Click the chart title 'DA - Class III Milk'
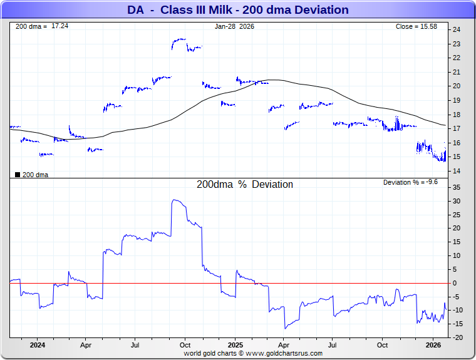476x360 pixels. click(x=237, y=10)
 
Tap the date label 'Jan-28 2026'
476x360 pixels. click(x=235, y=27)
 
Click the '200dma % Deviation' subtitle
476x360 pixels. click(x=245, y=185)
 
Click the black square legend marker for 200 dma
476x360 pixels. click(x=17, y=175)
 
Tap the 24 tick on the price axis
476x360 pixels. click(x=457, y=29)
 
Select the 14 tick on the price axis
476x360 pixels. click(x=457, y=172)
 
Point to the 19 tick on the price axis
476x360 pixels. click(x=457, y=100)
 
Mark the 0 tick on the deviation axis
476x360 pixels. click(x=455, y=283)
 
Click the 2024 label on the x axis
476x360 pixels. click(x=37, y=345)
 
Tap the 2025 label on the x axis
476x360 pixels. click(x=235, y=345)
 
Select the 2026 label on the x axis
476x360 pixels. click(x=433, y=345)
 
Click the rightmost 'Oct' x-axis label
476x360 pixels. click(x=382, y=345)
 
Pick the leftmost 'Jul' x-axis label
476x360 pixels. click(x=135, y=345)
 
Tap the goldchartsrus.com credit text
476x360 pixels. click(x=253, y=353)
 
